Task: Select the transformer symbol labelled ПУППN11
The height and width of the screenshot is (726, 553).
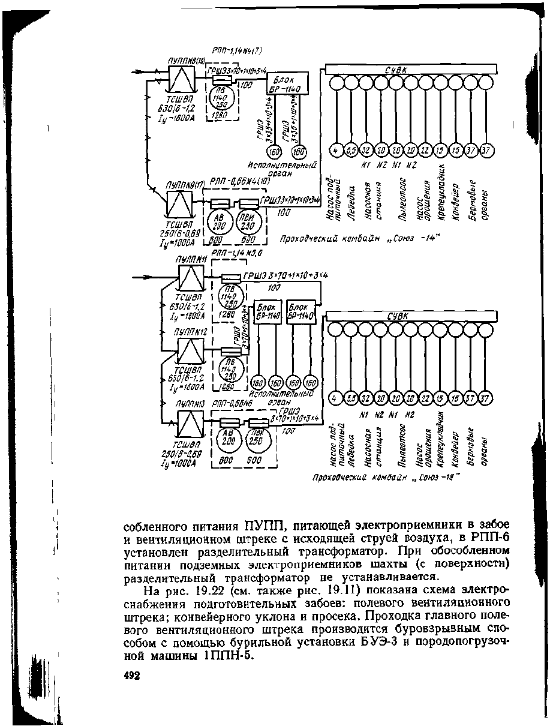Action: [191, 278]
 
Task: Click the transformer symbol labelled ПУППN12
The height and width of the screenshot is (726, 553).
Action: [191, 351]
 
